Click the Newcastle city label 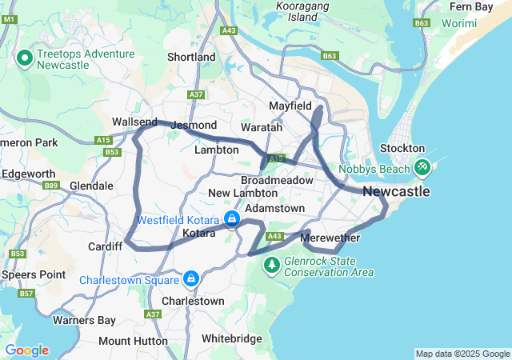tap(396, 192)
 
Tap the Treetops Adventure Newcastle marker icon tap(24, 58)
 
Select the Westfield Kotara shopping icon tap(231, 218)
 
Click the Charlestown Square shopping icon tap(191, 278)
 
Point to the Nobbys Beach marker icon tap(422, 167)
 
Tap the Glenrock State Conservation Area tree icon tap(273, 263)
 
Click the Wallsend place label tap(134, 121)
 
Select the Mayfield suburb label tap(290, 106)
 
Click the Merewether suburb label tap(330, 238)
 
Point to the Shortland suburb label tap(191, 58)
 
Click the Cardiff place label tap(105, 246)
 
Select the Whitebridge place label tap(231, 339)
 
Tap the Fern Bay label tap(471, 6)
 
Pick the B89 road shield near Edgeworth tap(52, 186)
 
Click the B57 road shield tap(26, 294)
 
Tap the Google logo tap(26, 350)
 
